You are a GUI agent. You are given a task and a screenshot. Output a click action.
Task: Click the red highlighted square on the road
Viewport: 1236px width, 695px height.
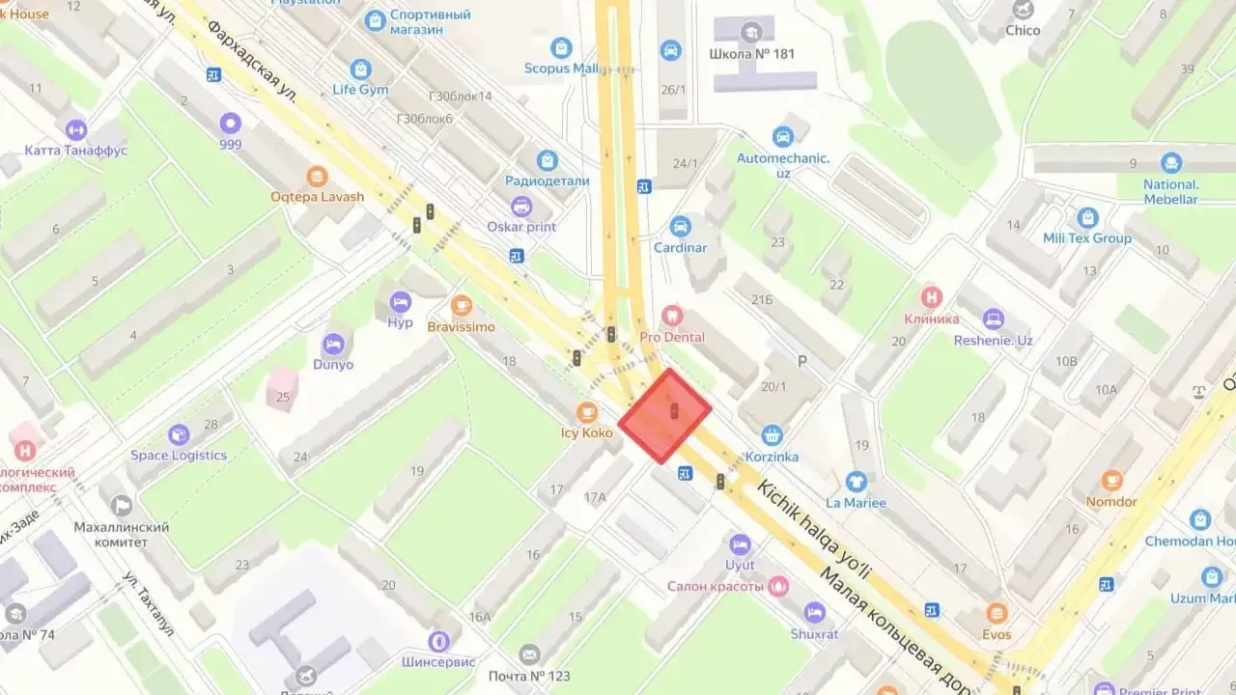[665, 415]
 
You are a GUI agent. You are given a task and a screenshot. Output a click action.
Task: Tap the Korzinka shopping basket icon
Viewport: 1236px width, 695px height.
[771, 435]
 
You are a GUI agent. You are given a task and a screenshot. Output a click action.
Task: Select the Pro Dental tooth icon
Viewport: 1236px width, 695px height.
[672, 316]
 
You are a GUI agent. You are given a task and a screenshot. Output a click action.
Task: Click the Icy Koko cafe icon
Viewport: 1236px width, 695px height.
[586, 412]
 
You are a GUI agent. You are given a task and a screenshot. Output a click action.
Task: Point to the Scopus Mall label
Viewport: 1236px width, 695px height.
[561, 69]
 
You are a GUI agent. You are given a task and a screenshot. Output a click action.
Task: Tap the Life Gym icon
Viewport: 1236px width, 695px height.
[361, 69]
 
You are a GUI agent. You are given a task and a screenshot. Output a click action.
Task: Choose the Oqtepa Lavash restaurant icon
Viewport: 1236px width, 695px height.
[317, 177]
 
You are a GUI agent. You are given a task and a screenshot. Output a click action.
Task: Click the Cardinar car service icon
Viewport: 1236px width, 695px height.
[680, 227]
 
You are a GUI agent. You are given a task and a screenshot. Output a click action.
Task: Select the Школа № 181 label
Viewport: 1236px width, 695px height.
[751, 53]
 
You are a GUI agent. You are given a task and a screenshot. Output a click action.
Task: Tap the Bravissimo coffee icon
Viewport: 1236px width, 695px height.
[462, 306]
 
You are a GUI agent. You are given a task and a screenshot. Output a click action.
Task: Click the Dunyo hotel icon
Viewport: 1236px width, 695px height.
[333, 344]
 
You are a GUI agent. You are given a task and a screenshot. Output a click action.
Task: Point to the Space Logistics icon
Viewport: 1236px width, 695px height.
[179, 435]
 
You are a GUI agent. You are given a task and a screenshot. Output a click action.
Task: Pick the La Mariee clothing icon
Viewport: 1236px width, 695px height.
[856, 482]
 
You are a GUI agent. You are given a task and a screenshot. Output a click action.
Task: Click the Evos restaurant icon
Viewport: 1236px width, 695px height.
[997, 613]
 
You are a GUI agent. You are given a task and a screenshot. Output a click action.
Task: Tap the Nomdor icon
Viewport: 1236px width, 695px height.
[1111, 480]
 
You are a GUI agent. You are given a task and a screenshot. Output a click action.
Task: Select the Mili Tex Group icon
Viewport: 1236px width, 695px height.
[1087, 217]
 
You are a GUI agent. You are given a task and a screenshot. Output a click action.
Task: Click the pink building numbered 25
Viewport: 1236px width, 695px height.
[282, 389]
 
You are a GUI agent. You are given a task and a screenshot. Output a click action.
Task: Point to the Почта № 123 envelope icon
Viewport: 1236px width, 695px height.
[528, 654]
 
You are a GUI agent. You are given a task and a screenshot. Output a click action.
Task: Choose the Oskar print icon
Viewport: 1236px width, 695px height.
[521, 206]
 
